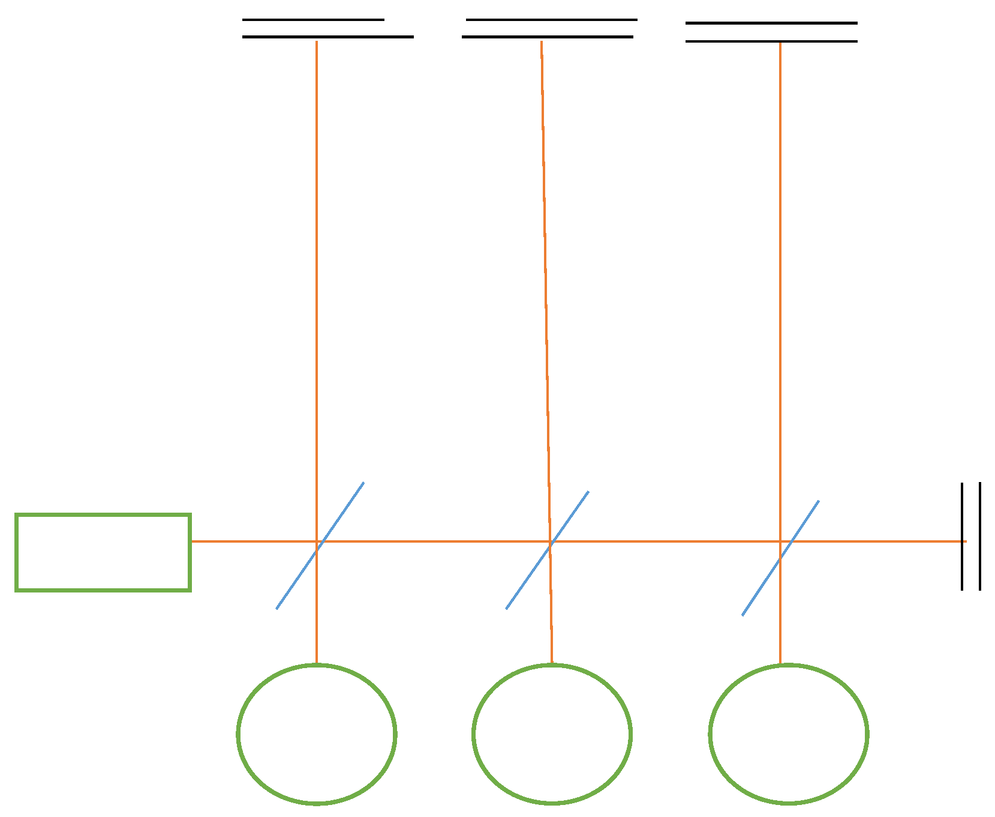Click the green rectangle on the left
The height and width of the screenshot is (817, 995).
click(103, 552)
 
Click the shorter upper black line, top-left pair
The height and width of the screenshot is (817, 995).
click(313, 20)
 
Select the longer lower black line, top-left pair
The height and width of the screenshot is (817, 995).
click(327, 37)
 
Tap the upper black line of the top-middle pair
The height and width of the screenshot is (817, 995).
click(551, 20)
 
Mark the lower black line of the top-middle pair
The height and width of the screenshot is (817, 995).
click(547, 37)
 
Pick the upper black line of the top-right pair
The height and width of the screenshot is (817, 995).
click(771, 23)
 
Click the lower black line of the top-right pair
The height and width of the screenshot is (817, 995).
click(771, 41)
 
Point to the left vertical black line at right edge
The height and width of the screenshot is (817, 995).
click(962, 536)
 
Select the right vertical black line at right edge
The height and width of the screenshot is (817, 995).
click(980, 536)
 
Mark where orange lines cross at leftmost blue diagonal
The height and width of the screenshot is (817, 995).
click(317, 541)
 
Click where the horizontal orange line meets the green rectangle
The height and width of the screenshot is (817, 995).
click(191, 541)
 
